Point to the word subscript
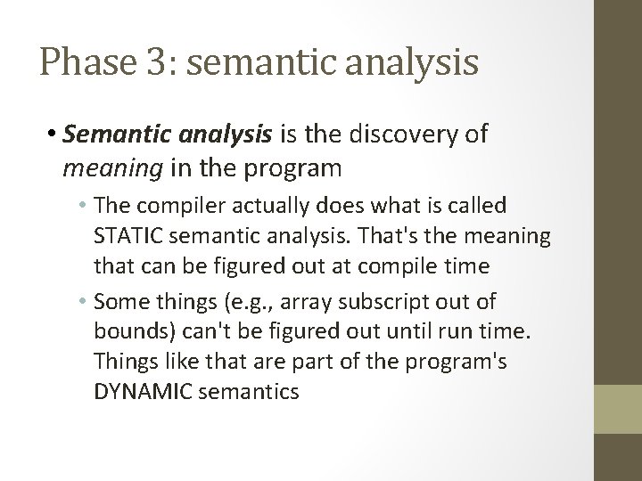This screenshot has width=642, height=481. coord(390,302)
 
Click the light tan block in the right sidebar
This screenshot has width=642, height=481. coord(619,409)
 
